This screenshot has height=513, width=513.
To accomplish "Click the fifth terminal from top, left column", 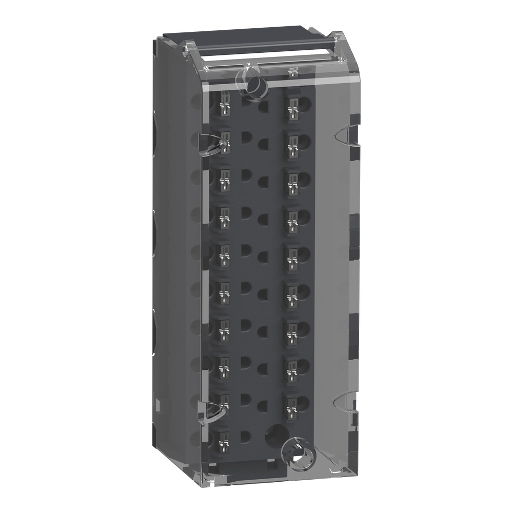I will click(x=224, y=254).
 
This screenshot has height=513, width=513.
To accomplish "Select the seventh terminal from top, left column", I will click(x=224, y=328).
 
